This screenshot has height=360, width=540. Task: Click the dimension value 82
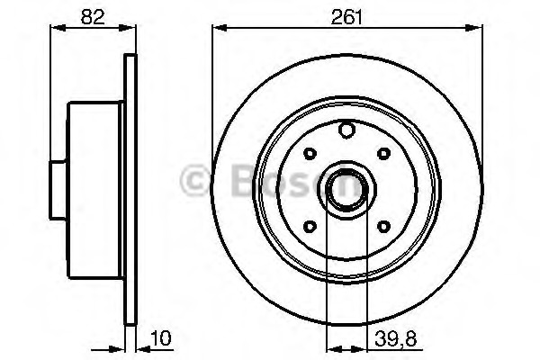tap(93, 17)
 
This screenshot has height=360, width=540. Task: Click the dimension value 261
tap(346, 17)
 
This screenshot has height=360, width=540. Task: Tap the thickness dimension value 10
tap(160, 338)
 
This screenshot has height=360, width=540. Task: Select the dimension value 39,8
tap(396, 338)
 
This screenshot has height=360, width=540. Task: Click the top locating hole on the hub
tap(346, 130)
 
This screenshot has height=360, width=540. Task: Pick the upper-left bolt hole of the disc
tap(310, 154)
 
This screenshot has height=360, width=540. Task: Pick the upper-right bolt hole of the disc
tap(383, 153)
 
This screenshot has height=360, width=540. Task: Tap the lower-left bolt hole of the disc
tap(310, 226)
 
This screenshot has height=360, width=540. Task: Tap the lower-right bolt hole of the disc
tap(383, 226)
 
